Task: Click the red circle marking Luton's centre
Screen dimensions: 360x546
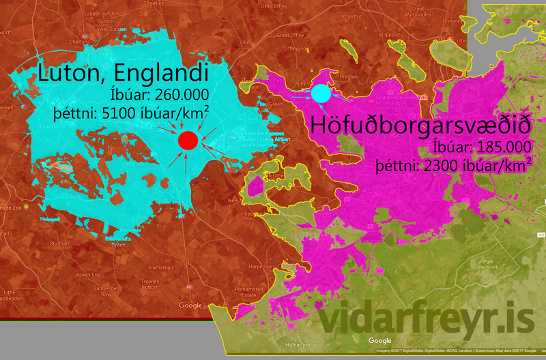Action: coord(188,141)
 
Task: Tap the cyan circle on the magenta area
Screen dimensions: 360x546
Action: coord(321,92)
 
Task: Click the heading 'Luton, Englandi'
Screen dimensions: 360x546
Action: coord(122,73)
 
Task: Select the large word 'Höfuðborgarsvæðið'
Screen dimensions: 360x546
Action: coord(420,126)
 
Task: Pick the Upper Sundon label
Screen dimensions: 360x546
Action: coord(103,14)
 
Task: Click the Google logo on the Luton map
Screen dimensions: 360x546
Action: coord(190,306)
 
